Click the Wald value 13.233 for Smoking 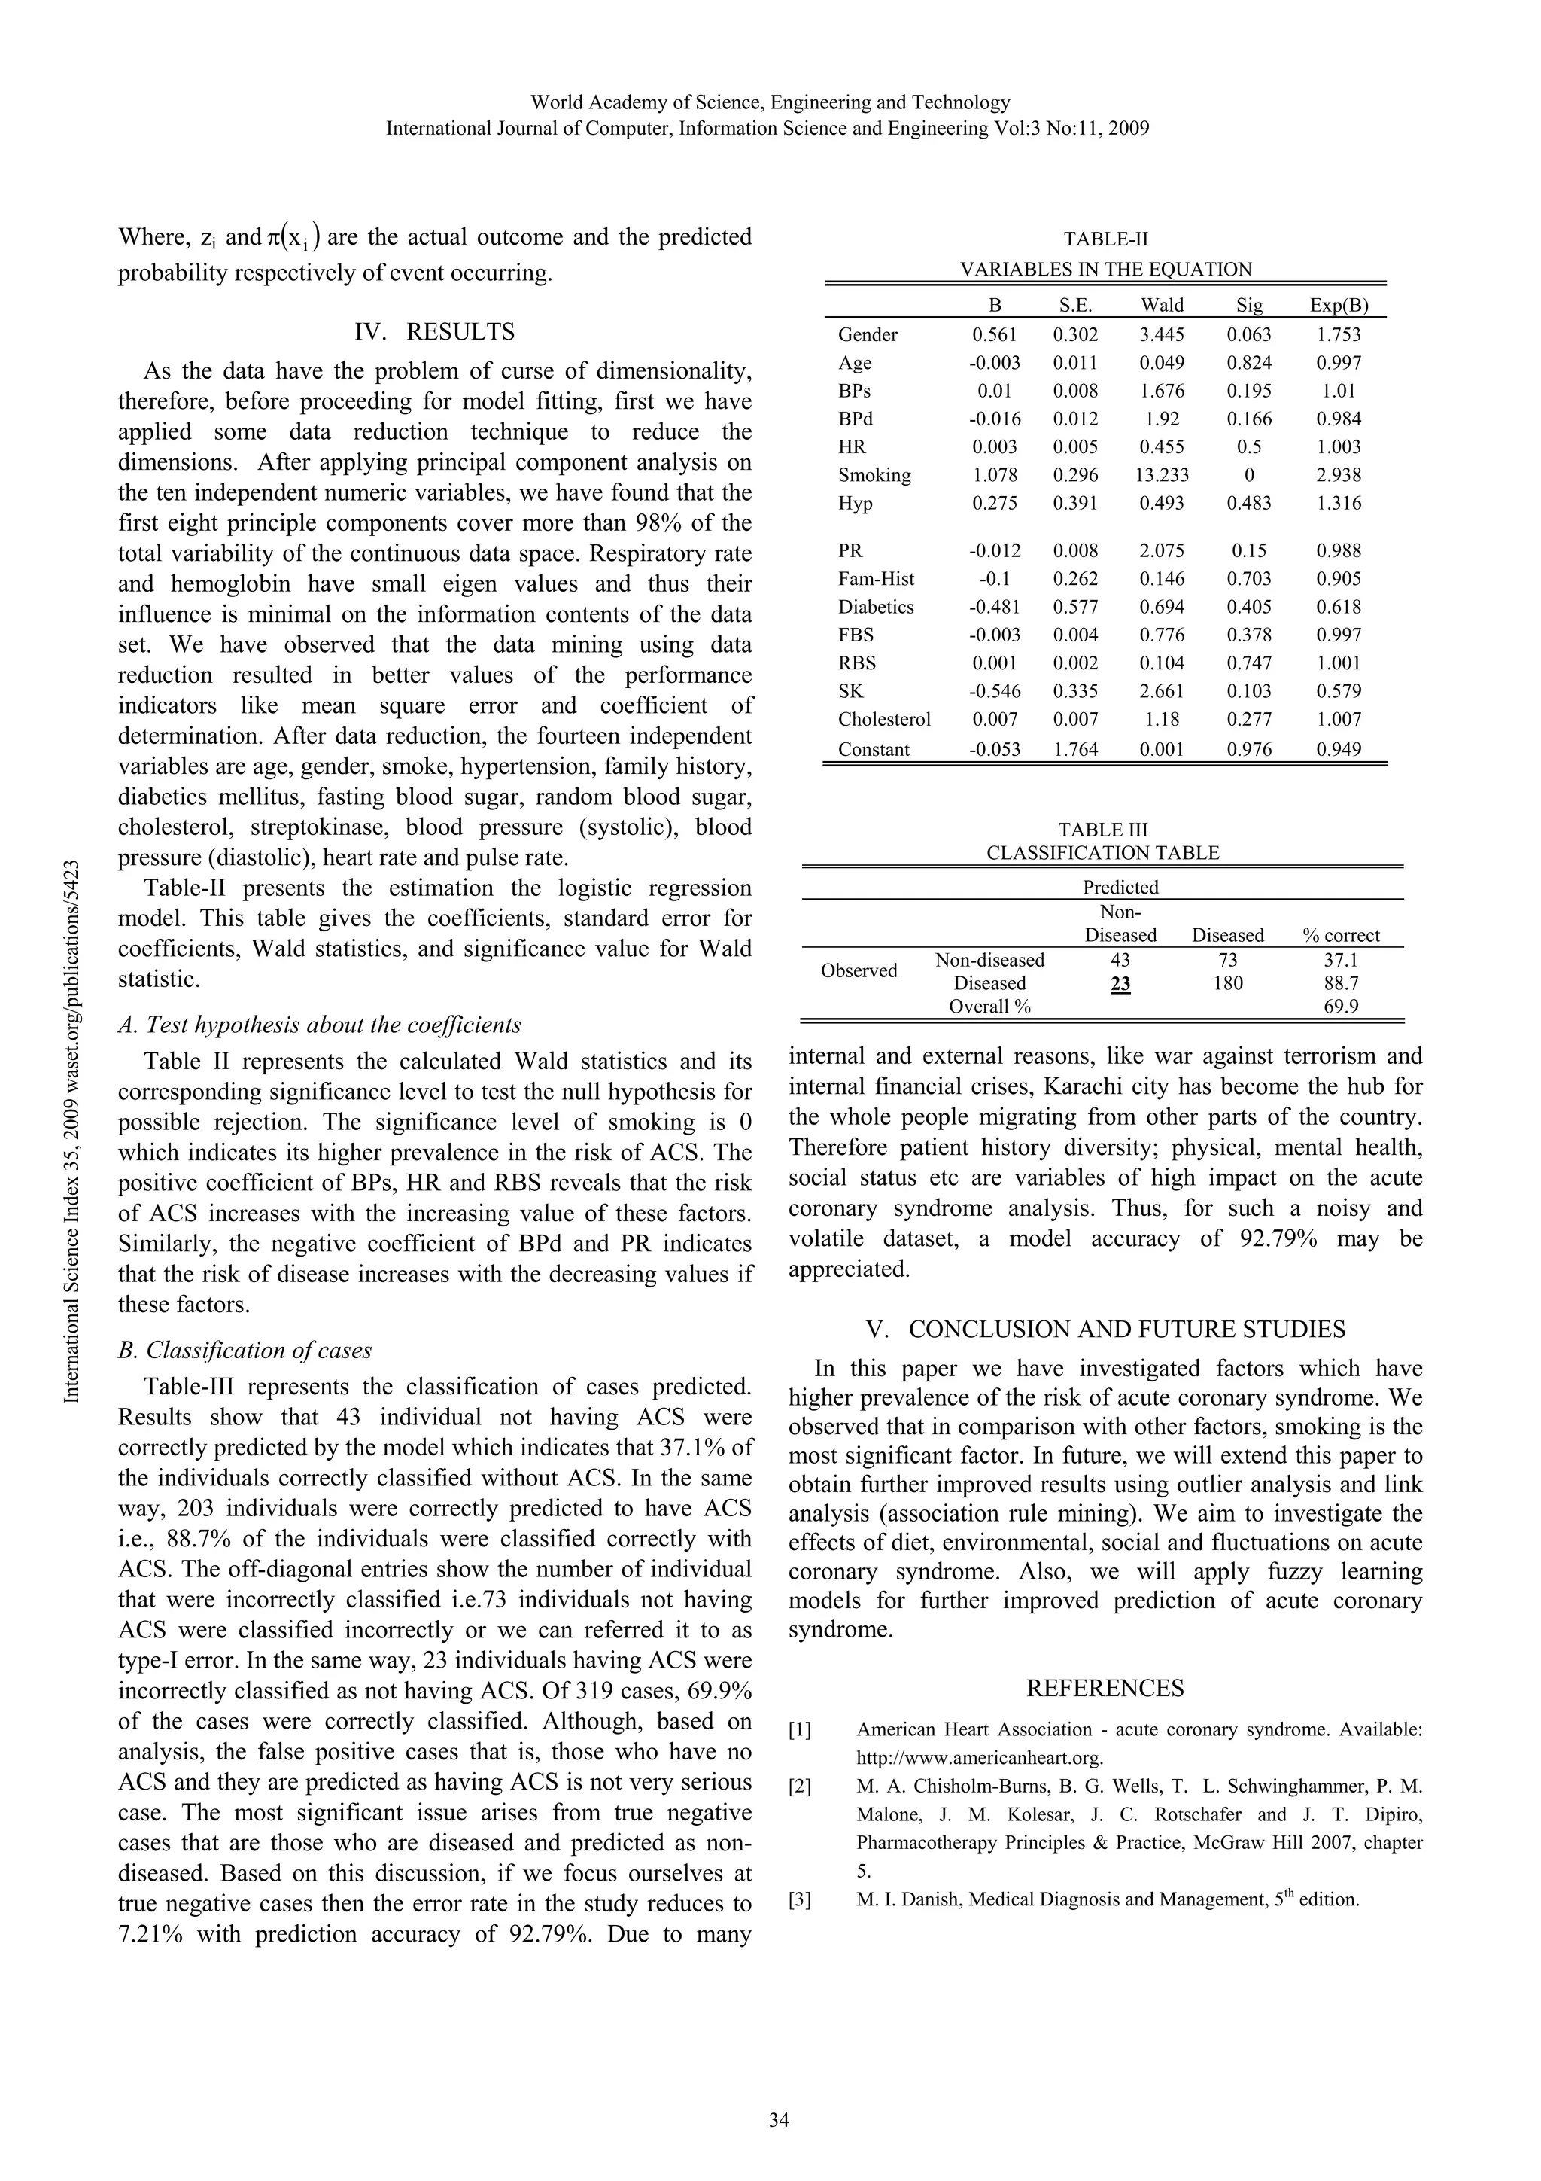coord(1163,475)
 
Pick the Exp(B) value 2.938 coord(1338,475)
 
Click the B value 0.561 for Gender coord(994,334)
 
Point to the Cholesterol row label coord(884,719)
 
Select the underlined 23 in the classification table coord(1120,983)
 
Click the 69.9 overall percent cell coord(1341,1007)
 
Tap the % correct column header coord(1341,935)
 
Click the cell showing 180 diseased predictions coord(1228,983)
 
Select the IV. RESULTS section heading coord(434,331)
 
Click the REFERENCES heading coord(1105,1687)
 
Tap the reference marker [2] coord(801,1786)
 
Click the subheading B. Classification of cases coord(245,1350)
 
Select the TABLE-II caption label coord(1105,239)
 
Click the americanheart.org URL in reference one coord(980,1757)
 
